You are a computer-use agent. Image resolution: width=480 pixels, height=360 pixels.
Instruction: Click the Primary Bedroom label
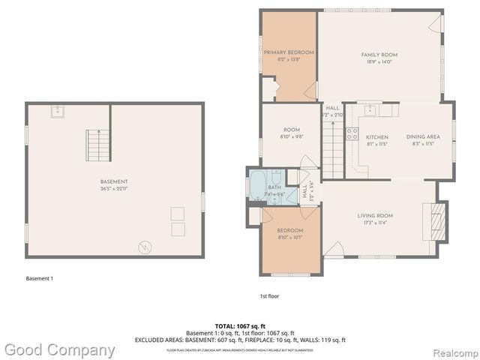(289, 52)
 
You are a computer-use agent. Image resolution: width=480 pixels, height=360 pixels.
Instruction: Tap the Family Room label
(379, 55)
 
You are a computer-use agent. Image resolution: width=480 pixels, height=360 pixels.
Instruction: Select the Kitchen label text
(376, 137)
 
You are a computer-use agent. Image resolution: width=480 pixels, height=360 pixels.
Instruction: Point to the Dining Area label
(423, 137)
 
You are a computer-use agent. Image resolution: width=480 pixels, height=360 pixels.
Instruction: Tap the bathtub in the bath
(257, 184)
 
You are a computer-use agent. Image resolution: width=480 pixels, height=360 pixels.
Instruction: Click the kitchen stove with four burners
(351, 136)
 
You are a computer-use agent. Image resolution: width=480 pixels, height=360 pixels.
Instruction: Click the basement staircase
(96, 143)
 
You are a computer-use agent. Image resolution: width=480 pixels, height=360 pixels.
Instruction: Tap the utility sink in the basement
(56, 112)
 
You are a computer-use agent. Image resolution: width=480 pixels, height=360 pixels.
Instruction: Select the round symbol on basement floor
(143, 246)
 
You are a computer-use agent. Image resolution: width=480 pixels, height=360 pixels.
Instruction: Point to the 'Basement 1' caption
(40, 279)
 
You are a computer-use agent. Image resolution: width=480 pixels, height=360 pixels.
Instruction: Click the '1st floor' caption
(269, 295)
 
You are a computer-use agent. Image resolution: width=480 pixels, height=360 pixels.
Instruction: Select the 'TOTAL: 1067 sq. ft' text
(239, 326)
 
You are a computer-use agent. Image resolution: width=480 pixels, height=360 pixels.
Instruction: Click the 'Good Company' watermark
(60, 349)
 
